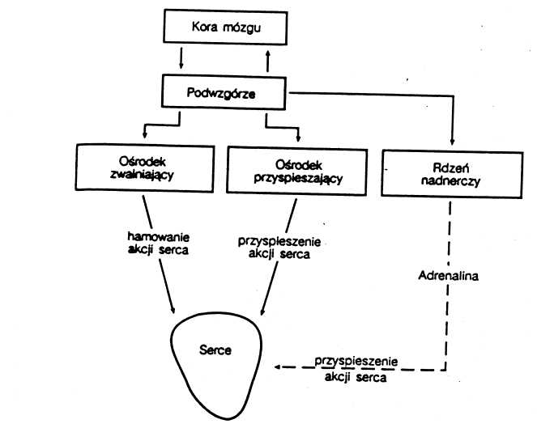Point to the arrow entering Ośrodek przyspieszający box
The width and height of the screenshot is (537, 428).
tap(298, 134)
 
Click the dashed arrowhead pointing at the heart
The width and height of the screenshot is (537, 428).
tap(278, 367)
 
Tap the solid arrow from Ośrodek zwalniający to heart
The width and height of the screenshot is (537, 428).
tap(167, 287)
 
